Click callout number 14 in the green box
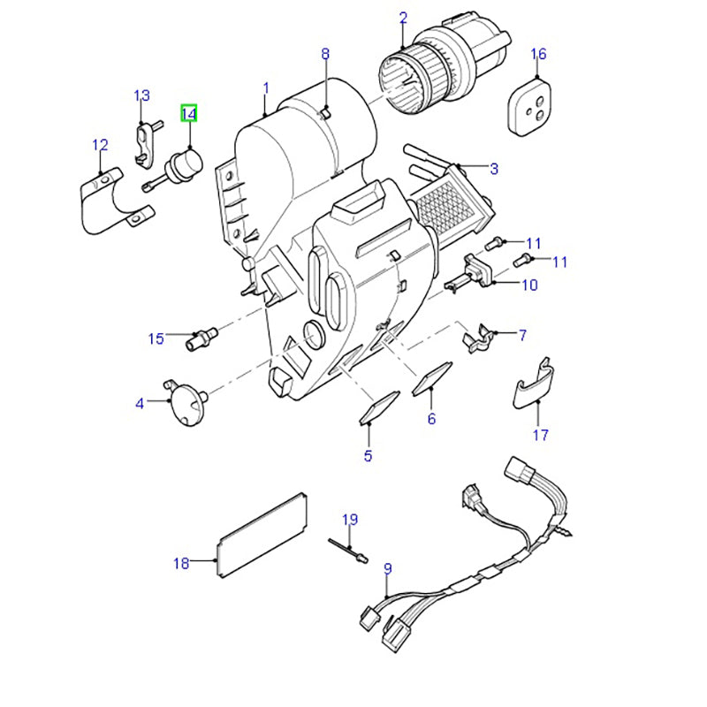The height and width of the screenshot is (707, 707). pyautogui.click(x=189, y=113)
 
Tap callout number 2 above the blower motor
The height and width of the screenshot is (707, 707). pyautogui.click(x=403, y=18)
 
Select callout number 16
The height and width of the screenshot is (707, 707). pyautogui.click(x=538, y=56)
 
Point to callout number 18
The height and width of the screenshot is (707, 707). pyautogui.click(x=181, y=563)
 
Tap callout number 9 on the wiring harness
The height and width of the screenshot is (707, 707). pyautogui.click(x=386, y=568)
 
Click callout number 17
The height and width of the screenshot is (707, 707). pyautogui.click(x=541, y=434)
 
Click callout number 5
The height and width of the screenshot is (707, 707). pyautogui.click(x=368, y=456)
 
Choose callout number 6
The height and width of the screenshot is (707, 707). pyautogui.click(x=431, y=418)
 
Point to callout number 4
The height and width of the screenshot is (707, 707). pyautogui.click(x=140, y=404)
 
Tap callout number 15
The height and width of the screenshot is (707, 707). pyautogui.click(x=156, y=338)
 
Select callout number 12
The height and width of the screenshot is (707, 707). pyautogui.click(x=100, y=145)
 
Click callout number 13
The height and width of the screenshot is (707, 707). pyautogui.click(x=142, y=95)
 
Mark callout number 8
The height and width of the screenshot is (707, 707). pyautogui.click(x=325, y=55)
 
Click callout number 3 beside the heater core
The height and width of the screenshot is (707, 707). pyautogui.click(x=494, y=168)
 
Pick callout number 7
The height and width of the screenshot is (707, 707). pyautogui.click(x=522, y=335)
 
